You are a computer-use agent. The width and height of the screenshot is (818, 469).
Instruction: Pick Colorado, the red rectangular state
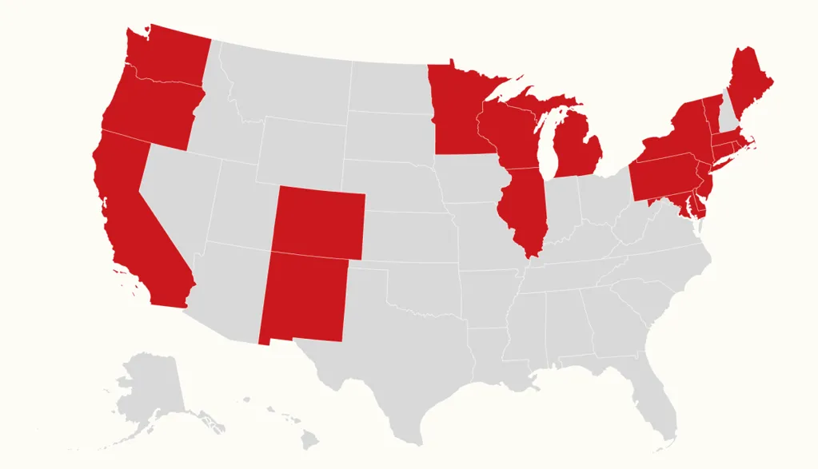coord(319,223)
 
